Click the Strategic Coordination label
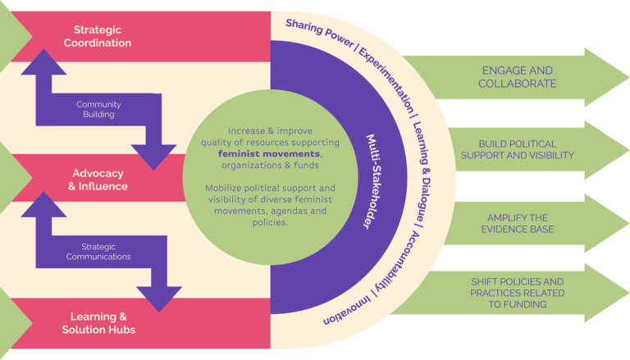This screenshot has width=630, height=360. tap(98, 36)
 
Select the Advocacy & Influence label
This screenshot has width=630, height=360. tap(98, 180)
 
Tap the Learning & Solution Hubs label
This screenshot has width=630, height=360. tap(98, 323)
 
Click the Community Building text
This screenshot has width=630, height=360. tap(98, 109)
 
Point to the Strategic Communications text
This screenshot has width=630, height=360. tap(98, 252)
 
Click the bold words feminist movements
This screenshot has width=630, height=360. tap(269, 154)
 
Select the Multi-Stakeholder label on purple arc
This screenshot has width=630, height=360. tap(374, 181)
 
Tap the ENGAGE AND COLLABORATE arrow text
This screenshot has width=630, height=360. tap(517, 77)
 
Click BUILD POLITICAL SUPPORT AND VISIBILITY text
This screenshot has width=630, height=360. tap(517, 149)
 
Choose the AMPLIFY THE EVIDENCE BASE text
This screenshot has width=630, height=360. tap(517, 223)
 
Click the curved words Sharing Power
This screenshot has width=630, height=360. tap(320, 33)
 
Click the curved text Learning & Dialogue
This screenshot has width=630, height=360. tap(422, 171)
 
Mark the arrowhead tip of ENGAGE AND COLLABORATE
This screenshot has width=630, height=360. tap(629, 77)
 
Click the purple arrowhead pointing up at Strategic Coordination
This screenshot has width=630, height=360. tap(43, 62)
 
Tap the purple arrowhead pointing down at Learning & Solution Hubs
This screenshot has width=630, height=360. tap(159, 299)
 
